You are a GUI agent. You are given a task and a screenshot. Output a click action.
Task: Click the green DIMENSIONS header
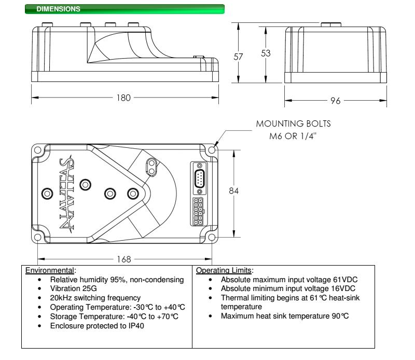[x=125, y=9]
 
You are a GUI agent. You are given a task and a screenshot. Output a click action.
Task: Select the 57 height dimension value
[x=239, y=57]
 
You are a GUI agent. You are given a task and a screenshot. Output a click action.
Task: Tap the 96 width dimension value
[x=336, y=102]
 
